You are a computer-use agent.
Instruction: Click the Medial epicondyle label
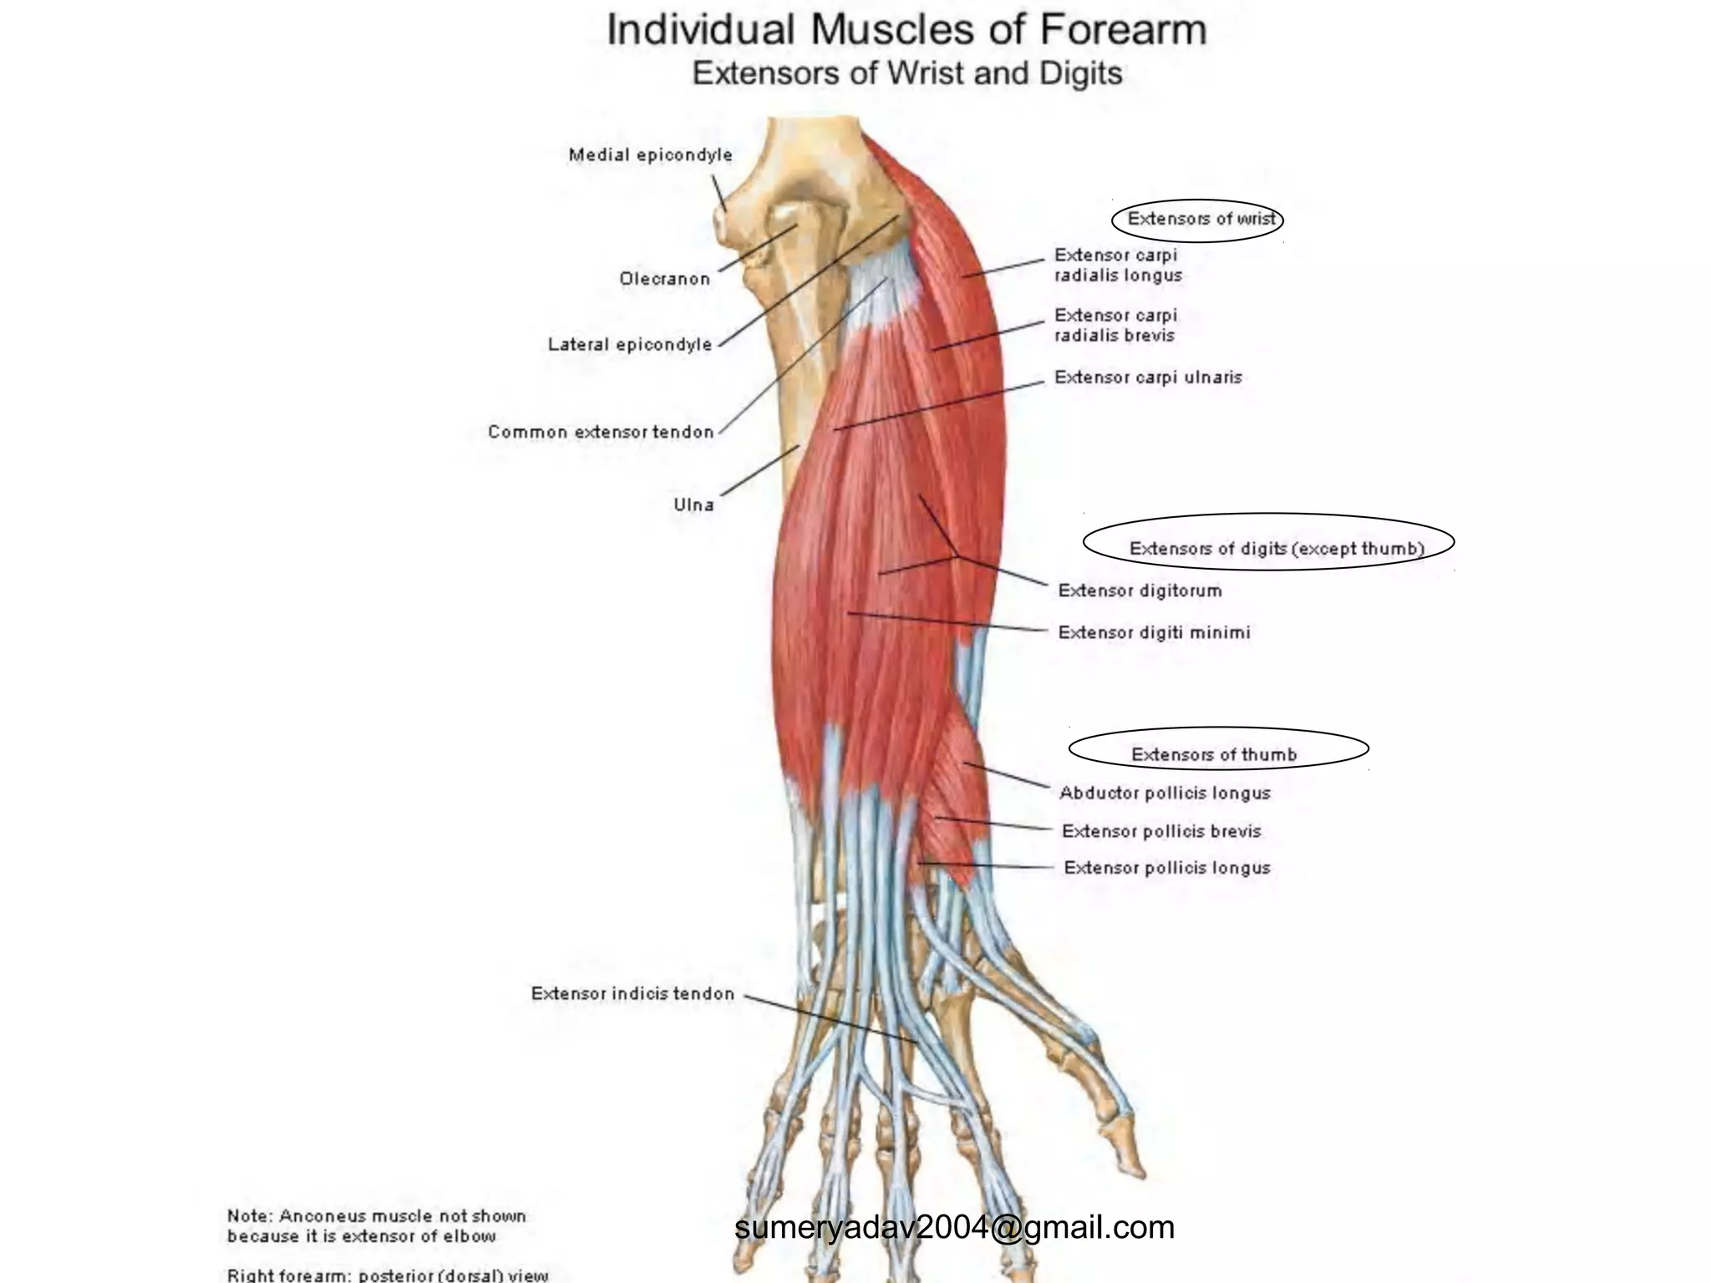click(x=650, y=155)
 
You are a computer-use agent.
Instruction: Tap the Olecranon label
click(x=664, y=279)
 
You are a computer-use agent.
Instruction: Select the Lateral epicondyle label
click(x=630, y=344)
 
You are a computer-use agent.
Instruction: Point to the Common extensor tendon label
click(x=601, y=432)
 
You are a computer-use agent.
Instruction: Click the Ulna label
click(x=693, y=505)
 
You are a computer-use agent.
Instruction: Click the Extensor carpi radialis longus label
click(x=1117, y=265)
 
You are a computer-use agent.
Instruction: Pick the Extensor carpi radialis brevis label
click(x=1114, y=325)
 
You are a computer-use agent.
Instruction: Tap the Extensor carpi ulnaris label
click(x=1147, y=378)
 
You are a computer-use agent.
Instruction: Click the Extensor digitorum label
click(x=1140, y=591)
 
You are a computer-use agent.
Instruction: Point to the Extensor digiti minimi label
click(x=1154, y=632)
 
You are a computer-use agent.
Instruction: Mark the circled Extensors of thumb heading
click(x=1213, y=754)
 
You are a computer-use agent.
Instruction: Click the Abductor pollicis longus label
click(x=1165, y=793)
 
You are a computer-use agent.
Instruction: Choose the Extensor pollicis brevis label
click(x=1160, y=831)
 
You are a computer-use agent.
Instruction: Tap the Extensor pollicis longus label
click(x=1166, y=868)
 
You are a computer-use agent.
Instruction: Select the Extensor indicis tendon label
click(x=632, y=994)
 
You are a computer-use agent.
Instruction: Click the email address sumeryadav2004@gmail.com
click(x=954, y=1227)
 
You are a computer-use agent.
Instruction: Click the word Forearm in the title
click(x=1122, y=31)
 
